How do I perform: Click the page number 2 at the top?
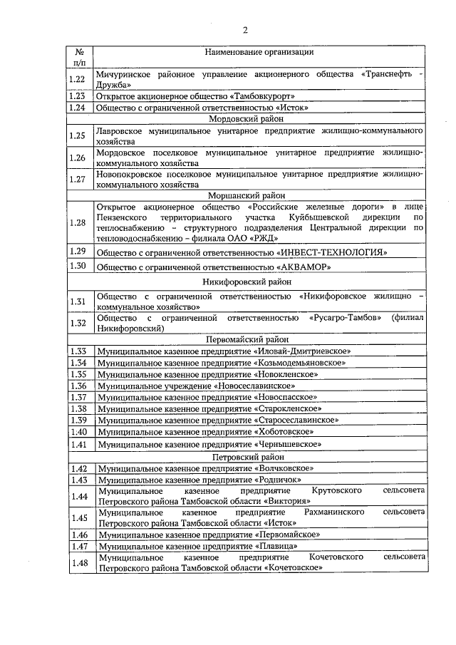pyautogui.click(x=246, y=30)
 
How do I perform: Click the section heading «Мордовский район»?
pyautogui.click(x=246, y=120)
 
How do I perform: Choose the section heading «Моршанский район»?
pyautogui.click(x=246, y=194)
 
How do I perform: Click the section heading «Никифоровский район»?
pyautogui.click(x=246, y=282)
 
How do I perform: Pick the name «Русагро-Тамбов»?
pyautogui.click(x=346, y=317)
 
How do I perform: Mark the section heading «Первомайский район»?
pyautogui.click(x=246, y=341)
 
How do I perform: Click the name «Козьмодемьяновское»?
pyautogui.click(x=301, y=363)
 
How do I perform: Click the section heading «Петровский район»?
pyautogui.click(x=246, y=457)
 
